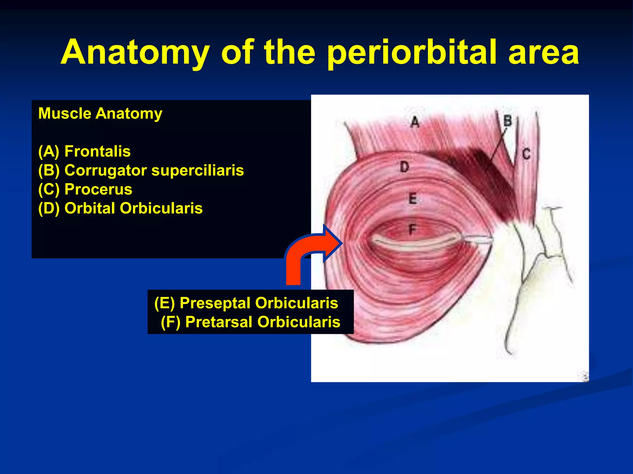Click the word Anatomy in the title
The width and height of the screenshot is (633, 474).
click(x=135, y=53)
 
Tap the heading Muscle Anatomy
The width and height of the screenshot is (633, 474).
click(x=100, y=114)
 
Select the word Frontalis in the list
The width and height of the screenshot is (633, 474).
click(x=97, y=152)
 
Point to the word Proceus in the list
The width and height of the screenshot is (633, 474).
click(x=98, y=189)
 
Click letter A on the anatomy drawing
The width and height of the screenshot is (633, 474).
click(x=415, y=122)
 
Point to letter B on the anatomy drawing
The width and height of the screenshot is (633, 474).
click(x=508, y=121)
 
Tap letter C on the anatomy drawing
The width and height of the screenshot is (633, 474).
click(x=526, y=154)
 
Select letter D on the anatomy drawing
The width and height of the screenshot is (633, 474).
click(x=404, y=167)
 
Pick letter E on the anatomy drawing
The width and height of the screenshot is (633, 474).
click(x=413, y=198)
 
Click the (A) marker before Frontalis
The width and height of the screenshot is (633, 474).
click(x=49, y=152)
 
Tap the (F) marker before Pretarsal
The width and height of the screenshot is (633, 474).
click(x=170, y=322)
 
